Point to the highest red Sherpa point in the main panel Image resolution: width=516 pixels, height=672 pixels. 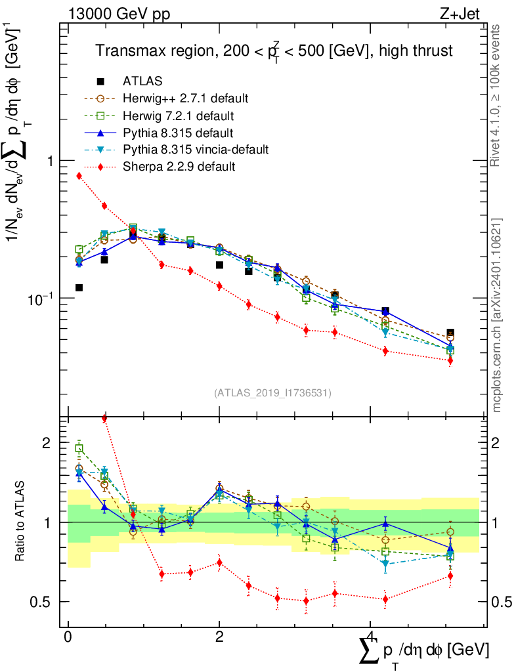click(79, 176)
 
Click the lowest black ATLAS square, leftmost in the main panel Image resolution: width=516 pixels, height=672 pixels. click(79, 287)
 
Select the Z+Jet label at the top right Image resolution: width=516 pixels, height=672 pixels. click(460, 14)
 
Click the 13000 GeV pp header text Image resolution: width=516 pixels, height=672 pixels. click(119, 14)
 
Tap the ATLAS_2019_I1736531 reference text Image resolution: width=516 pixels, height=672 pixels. click(272, 392)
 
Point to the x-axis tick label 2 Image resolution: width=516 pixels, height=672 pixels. click(219, 637)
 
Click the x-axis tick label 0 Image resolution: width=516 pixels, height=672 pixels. click(68, 637)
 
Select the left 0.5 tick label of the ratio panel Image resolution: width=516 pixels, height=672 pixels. click(40, 602)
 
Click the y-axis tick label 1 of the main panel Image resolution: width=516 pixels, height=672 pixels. click(50, 161)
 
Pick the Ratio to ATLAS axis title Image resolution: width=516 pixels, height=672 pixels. click(20, 521)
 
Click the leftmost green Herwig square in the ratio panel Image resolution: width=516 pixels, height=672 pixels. click(79, 448)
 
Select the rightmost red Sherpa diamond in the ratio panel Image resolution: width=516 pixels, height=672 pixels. click(450, 576)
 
